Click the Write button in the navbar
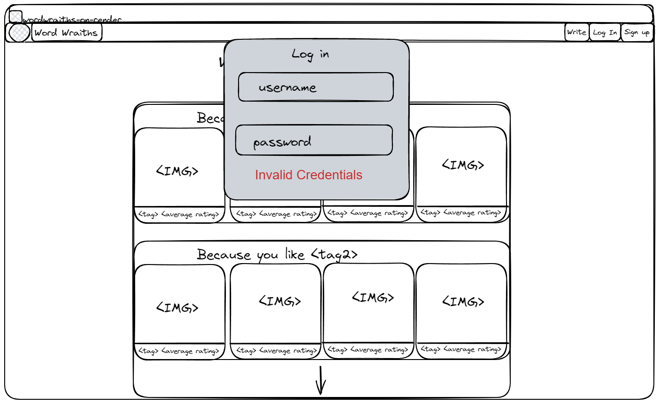click(x=576, y=32)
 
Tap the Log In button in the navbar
click(x=605, y=32)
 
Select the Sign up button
click(x=637, y=32)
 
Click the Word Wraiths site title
click(x=66, y=33)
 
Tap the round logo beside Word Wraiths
click(x=19, y=33)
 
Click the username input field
click(x=316, y=87)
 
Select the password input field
click(x=314, y=140)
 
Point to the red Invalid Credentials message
click(x=309, y=175)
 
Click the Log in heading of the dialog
click(x=311, y=54)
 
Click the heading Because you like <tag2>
click(x=277, y=255)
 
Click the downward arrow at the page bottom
click(x=320, y=380)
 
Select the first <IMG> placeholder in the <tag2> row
click(x=177, y=308)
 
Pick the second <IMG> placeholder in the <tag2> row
click(x=280, y=301)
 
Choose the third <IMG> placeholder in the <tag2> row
click(x=373, y=297)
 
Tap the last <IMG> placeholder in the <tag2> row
click(x=463, y=301)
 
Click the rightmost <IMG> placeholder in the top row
click(x=463, y=165)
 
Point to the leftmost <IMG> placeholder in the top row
click(x=177, y=171)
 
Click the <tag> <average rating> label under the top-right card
click(x=461, y=213)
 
